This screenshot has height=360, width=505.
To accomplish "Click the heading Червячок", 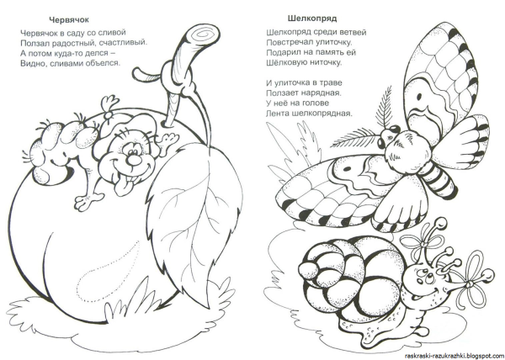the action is [69, 19].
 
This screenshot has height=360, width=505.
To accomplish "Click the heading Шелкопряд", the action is [312, 19].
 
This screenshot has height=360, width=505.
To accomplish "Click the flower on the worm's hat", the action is [109, 104].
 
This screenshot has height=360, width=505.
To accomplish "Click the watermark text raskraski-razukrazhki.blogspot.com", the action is [454, 356].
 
